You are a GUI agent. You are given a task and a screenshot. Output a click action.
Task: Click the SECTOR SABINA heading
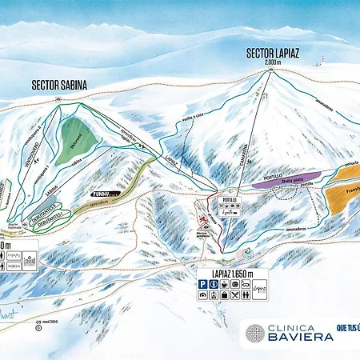point(59,82)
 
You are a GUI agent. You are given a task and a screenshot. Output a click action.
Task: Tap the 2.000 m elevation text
point(274,62)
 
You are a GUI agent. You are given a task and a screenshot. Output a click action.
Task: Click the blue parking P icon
point(204,284)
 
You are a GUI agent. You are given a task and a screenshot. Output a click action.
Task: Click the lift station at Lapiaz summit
point(274,70)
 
